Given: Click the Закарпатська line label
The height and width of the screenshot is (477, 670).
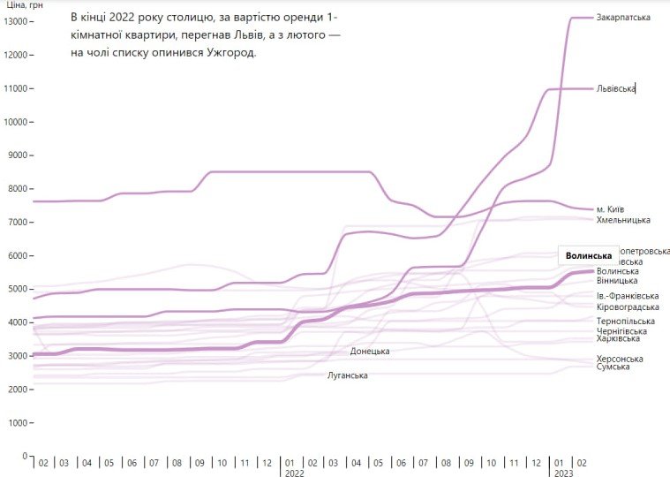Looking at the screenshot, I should [623, 18].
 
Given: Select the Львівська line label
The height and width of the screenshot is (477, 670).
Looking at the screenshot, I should [616, 88].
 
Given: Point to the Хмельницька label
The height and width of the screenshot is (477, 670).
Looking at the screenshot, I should [623, 220].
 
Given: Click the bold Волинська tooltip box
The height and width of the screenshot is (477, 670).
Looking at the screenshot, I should [589, 256].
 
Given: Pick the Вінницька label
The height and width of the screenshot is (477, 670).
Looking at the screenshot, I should [617, 281].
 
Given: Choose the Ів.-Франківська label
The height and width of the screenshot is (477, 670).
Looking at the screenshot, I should [628, 296].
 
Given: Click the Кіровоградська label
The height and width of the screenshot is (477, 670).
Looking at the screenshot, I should [628, 307].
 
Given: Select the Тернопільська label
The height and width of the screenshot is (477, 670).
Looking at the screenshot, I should [624, 321].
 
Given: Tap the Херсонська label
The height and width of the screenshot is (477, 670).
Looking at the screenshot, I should [620, 359].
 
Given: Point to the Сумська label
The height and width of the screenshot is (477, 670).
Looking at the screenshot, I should [613, 367].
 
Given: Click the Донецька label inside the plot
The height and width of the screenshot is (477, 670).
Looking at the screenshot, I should [370, 352].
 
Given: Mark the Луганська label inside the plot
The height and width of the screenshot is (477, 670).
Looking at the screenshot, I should [348, 376].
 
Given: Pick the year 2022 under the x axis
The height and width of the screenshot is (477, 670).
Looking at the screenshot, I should [294, 473].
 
